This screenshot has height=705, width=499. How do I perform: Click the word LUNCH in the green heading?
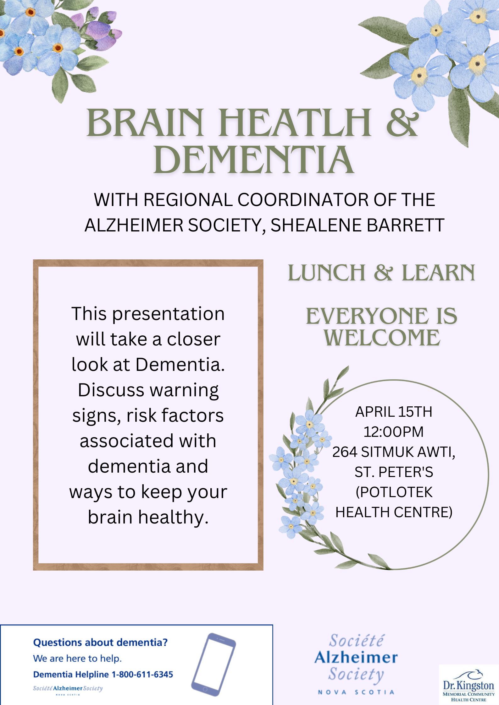point(326,273)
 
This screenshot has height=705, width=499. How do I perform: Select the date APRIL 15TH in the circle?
point(394,412)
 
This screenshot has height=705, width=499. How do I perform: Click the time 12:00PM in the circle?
point(394,432)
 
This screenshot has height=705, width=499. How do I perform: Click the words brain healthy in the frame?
point(148,517)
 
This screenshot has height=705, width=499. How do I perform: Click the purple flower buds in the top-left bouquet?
point(103,30)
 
